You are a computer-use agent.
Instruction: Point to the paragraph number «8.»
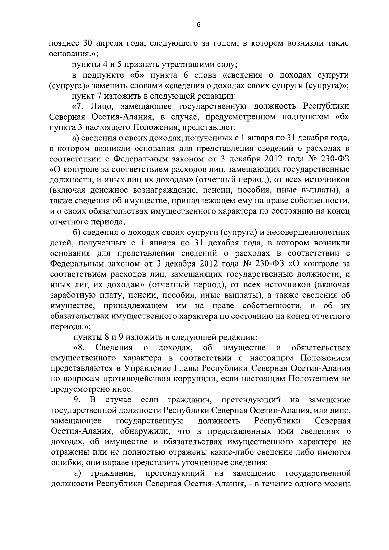click(x=79, y=348)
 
